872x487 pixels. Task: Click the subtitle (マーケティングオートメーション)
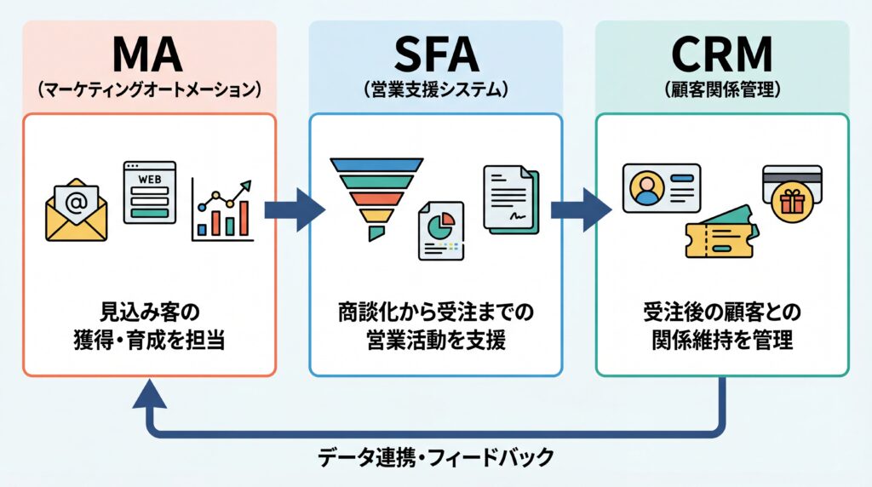[149, 89]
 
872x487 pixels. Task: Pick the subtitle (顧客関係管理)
[721, 89]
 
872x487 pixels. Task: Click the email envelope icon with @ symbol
[77, 209]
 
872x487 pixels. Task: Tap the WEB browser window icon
[149, 192]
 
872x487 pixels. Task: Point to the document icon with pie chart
[440, 230]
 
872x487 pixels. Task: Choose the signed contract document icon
[511, 197]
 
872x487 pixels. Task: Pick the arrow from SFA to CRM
[580, 209]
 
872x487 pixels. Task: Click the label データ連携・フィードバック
[435, 458]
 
